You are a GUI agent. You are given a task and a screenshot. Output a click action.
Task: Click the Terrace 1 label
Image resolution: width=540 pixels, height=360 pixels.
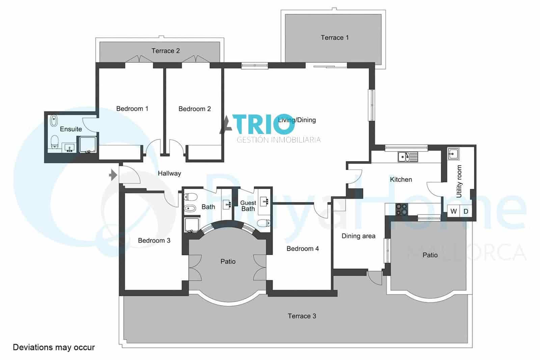click(334, 37)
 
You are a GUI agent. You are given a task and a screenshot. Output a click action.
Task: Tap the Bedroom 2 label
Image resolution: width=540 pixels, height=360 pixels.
click(194, 109)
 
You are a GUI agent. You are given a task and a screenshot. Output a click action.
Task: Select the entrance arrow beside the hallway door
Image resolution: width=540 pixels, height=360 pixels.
click(113, 175)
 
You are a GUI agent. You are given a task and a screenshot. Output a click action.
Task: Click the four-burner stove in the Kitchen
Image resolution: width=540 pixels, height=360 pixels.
click(401, 209)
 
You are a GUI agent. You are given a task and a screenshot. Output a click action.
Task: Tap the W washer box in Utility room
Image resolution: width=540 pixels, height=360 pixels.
click(454, 211)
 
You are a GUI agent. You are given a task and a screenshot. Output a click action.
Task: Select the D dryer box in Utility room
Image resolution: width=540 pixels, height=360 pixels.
click(466, 211)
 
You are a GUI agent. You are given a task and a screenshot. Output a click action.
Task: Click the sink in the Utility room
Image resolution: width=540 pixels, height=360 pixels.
click(453, 154)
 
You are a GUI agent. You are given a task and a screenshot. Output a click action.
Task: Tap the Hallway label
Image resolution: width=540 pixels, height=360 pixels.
click(169, 173)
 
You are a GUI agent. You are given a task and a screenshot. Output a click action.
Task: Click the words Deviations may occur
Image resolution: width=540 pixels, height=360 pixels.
click(54, 347)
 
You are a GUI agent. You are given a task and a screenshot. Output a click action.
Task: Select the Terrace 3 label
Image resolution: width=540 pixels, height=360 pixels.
click(302, 316)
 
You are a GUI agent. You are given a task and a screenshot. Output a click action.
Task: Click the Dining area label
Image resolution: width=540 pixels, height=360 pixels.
click(358, 236)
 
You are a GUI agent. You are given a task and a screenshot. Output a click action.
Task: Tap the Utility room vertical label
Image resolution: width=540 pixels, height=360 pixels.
click(459, 181)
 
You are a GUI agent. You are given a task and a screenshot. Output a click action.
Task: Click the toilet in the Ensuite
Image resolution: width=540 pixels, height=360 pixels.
click(54, 142)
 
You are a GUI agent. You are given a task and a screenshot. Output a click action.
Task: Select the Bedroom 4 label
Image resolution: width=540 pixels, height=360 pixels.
click(302, 249)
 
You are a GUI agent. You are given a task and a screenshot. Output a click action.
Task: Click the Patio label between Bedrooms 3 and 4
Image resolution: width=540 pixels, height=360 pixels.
click(228, 261)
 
